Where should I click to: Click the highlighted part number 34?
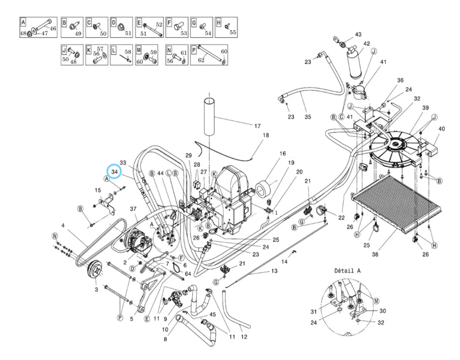[x=114, y=172]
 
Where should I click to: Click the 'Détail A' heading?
[x=347, y=271]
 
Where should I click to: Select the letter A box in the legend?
[x=22, y=22]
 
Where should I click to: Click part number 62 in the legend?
[x=201, y=60]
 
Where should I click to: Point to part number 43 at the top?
[x=358, y=35]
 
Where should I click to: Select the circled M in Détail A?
[x=376, y=301]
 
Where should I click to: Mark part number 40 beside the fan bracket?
[x=442, y=129]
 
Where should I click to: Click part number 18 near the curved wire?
[x=265, y=135]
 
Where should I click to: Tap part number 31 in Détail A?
[x=314, y=312]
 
